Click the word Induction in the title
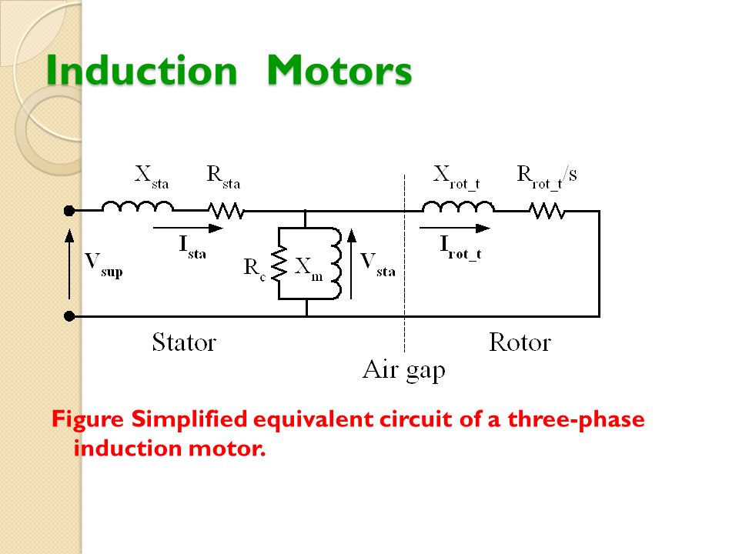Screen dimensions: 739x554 coord(142,70)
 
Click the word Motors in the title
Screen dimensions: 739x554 coord(339,70)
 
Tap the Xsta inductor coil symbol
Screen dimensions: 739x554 coord(137,206)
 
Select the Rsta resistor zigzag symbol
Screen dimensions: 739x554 coord(226,211)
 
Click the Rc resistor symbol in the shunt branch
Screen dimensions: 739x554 coord(279,263)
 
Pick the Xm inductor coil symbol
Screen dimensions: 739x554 coord(336,264)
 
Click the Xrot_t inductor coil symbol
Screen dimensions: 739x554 coord(458,207)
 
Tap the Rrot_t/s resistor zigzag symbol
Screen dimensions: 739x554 coord(547,211)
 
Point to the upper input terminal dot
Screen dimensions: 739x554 coord(69,211)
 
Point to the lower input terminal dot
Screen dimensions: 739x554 coord(69,316)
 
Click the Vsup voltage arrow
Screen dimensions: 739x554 coord(69,264)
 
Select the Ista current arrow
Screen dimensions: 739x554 coord(188,229)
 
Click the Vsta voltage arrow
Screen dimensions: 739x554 coord(352,264)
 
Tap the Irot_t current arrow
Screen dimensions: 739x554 coord(455,229)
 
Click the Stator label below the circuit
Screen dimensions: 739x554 coord(184,342)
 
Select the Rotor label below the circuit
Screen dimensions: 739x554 coord(520,342)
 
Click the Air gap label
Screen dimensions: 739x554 coord(404,371)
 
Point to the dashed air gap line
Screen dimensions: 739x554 coord(404,264)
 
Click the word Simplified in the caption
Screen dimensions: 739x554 coord(189,419)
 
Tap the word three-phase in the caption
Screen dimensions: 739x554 coord(576,419)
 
